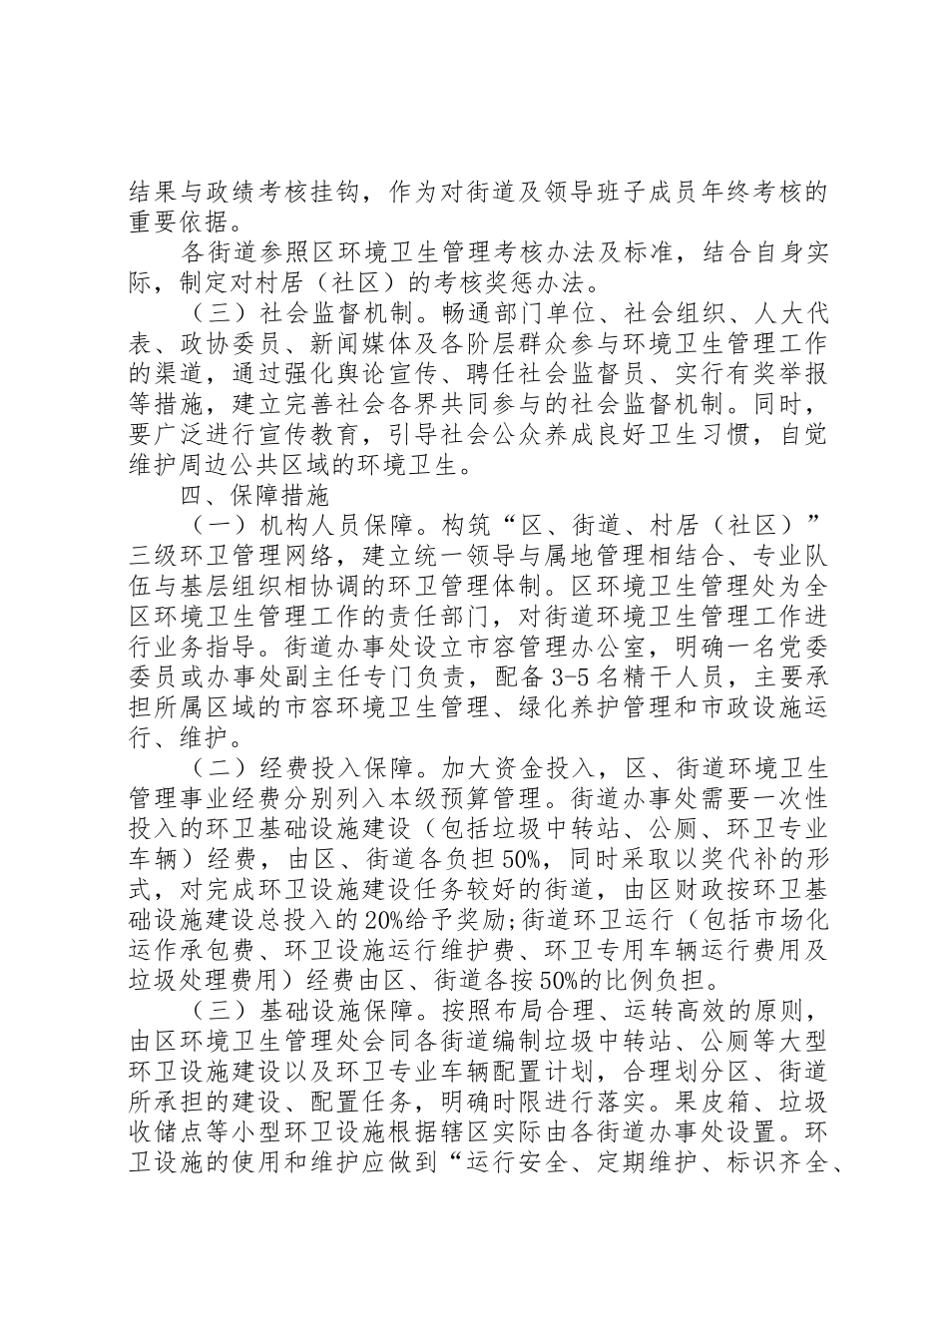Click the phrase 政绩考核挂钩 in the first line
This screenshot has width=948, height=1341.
282,190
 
